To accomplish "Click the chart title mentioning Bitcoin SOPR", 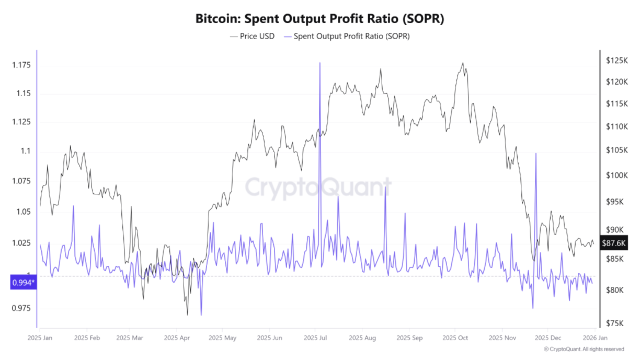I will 319,19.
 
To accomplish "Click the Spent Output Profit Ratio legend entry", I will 346,37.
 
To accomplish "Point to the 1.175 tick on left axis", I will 21,65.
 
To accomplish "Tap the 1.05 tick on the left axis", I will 21,212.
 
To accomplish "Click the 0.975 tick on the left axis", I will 21,308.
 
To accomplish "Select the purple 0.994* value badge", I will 23,283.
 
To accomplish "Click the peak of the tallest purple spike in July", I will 319,63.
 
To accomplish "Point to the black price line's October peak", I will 462,63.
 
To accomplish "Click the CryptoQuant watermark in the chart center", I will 318,187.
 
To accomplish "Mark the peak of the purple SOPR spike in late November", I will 536,154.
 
